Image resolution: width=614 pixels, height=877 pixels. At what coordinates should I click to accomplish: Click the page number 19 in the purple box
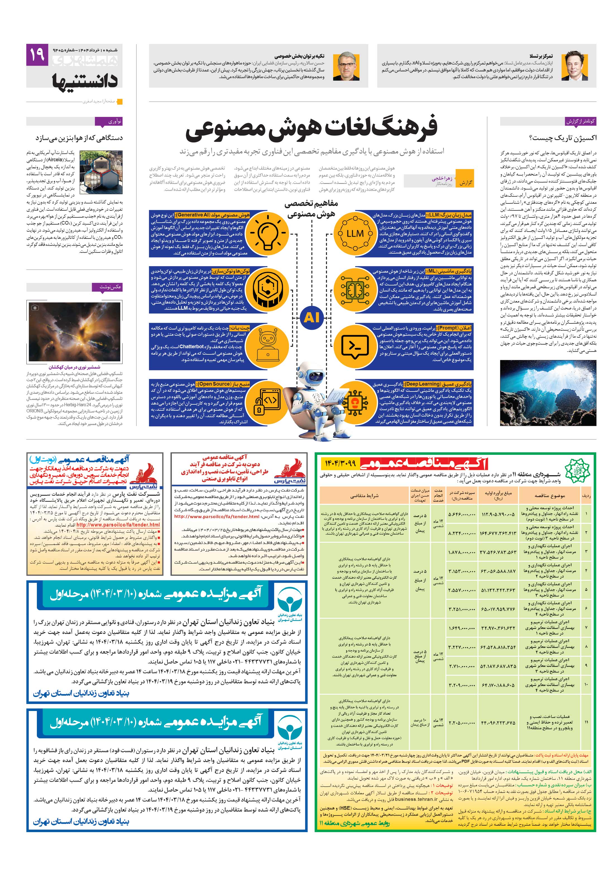[37, 55]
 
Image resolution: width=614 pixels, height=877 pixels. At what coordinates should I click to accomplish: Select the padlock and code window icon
[270, 400]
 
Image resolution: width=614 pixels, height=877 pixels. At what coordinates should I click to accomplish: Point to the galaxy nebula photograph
[74, 331]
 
